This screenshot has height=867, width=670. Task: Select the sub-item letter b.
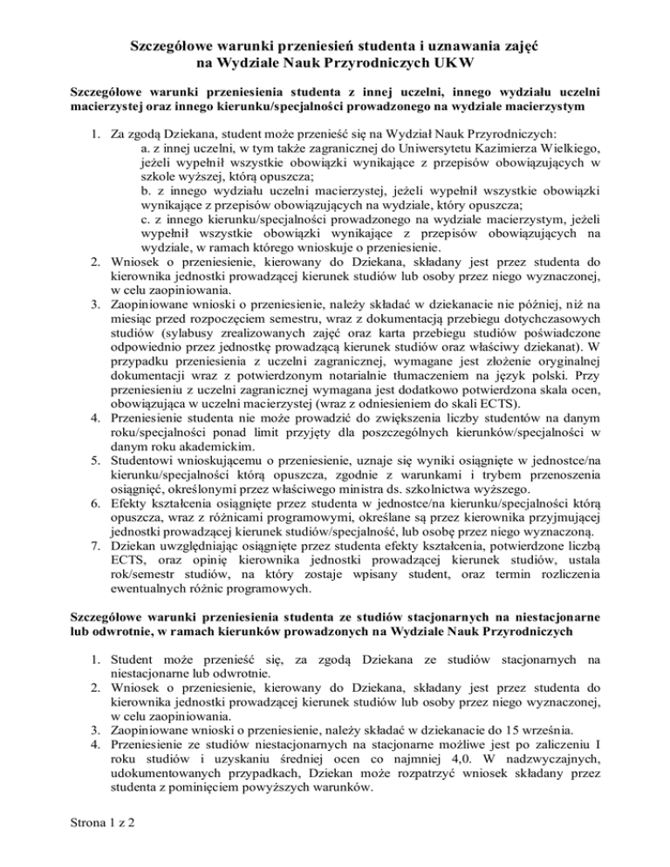tap(145, 199)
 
